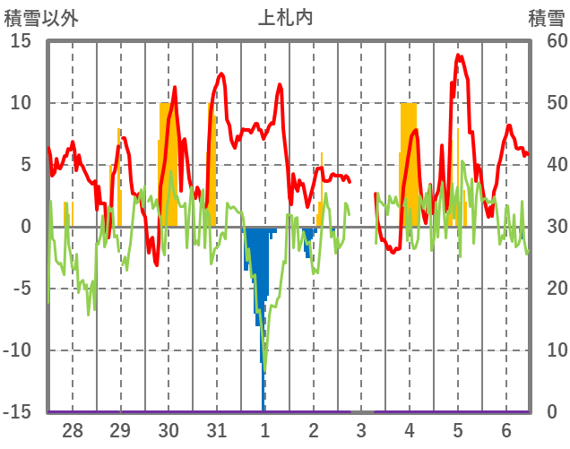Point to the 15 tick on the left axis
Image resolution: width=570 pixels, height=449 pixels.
coord(22,41)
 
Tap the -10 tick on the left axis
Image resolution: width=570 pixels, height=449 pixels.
coord(19,350)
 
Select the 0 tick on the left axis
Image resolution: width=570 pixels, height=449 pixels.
coord(26,227)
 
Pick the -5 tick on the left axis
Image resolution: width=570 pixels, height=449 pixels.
coord(22,289)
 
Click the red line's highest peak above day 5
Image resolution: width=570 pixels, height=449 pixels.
coord(458,56)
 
